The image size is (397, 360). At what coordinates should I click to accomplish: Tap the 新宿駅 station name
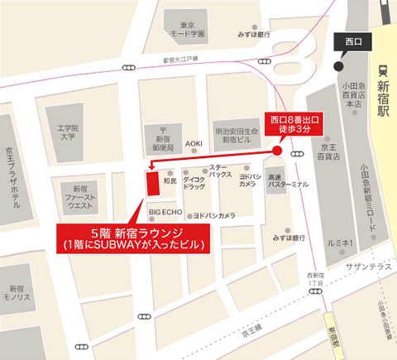pos(383,98)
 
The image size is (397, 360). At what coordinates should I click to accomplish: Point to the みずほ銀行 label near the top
pos(253,35)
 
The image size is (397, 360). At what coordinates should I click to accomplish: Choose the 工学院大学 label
pos(66,132)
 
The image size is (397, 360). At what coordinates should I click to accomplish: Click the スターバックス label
pos(219,171)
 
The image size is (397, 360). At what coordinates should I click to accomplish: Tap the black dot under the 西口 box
pos(337,66)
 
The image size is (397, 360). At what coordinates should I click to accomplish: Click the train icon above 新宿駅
pos(383,71)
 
